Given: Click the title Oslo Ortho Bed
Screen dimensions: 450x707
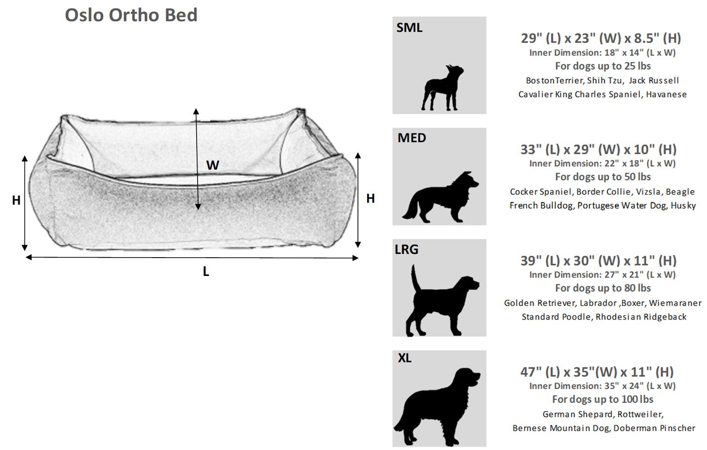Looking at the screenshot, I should (x=131, y=15).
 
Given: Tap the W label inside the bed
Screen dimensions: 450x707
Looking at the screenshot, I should (x=212, y=165).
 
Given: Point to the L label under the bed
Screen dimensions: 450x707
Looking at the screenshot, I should (x=206, y=271).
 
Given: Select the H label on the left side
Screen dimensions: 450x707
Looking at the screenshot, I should (x=16, y=200).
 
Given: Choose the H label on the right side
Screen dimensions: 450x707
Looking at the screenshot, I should (x=371, y=198).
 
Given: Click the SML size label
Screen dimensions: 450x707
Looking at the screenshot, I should (x=409, y=28).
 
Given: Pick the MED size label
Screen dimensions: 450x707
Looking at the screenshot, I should (x=412, y=138).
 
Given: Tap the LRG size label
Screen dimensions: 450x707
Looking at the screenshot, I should (x=407, y=249).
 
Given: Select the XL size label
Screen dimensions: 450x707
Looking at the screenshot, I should (x=405, y=358).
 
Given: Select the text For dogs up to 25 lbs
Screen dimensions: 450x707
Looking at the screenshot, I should (x=603, y=66).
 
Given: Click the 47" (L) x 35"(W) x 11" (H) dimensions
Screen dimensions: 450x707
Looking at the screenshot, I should (x=597, y=372).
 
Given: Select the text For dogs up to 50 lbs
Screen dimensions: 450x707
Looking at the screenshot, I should (x=603, y=177).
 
